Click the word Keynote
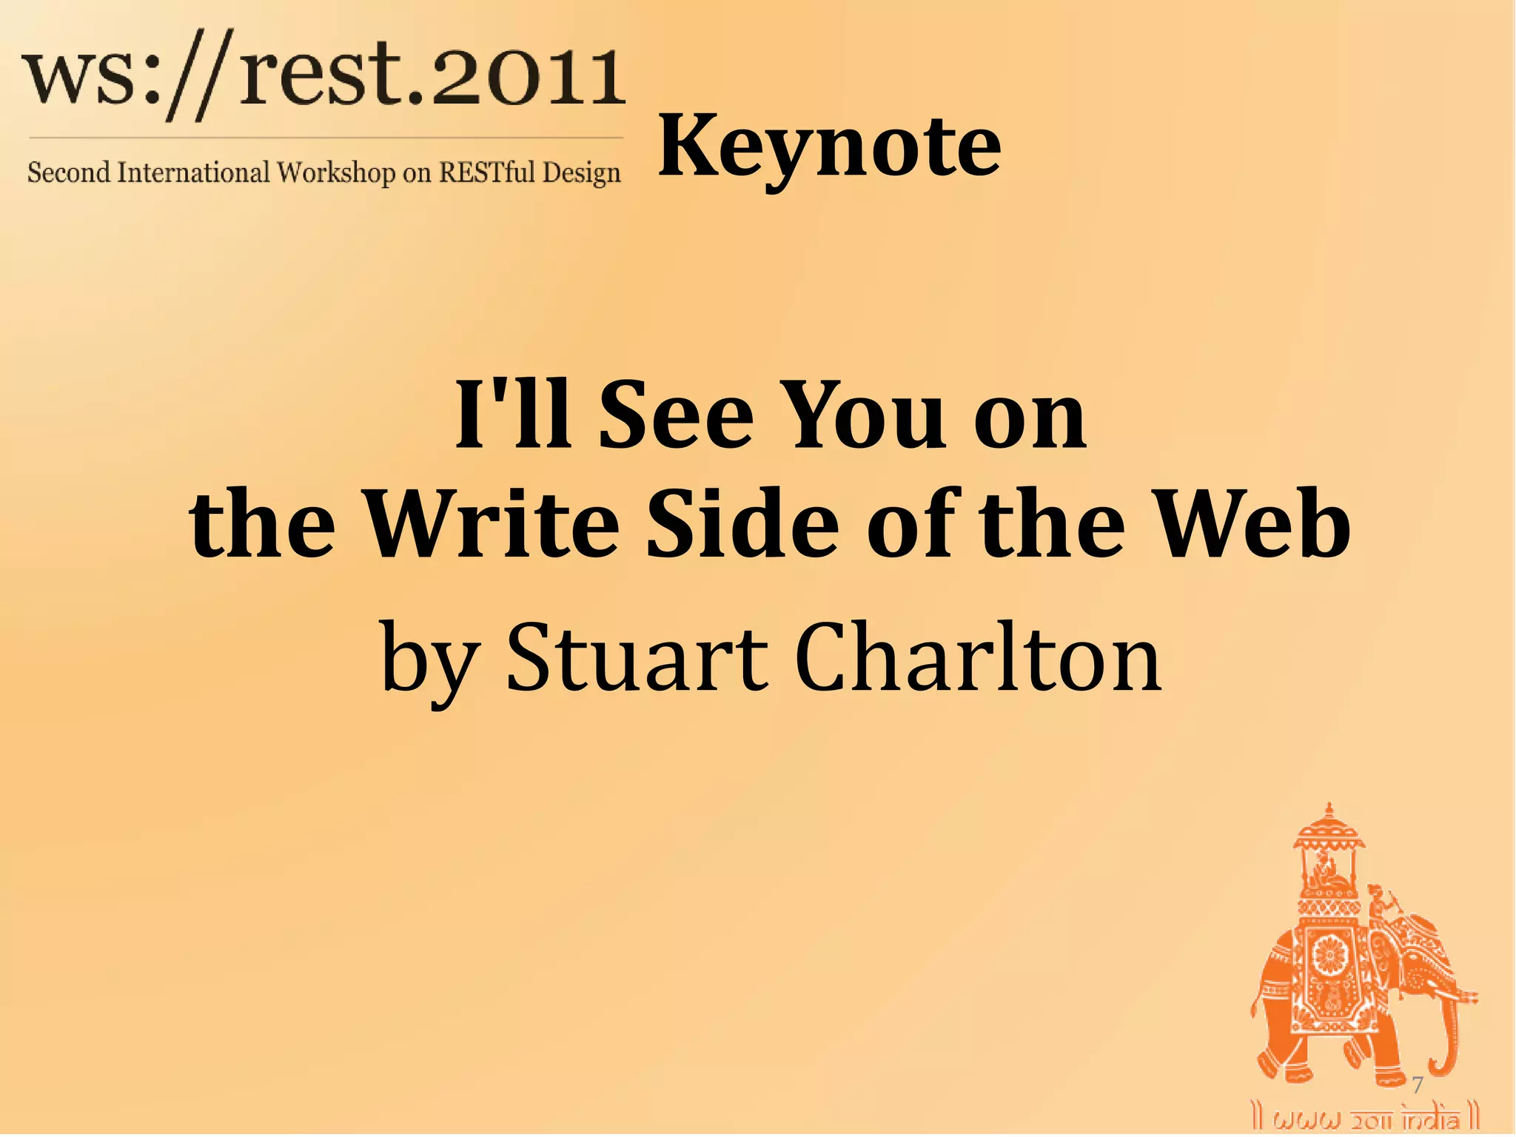click(829, 148)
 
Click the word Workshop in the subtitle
click(336, 172)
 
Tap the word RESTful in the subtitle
click(487, 172)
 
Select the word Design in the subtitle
click(581, 172)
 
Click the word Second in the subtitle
click(68, 172)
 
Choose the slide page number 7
click(1417, 1085)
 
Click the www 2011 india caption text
click(1365, 1118)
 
